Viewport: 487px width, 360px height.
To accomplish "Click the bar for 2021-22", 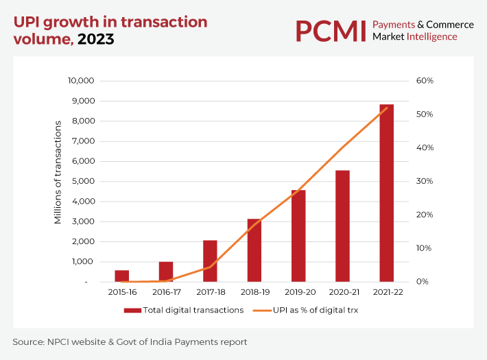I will pos(387,193).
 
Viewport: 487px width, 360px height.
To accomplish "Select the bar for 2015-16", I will pos(121,276).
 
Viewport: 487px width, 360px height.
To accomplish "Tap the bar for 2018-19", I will pos(254,250).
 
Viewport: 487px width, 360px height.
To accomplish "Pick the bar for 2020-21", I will pos(342,226).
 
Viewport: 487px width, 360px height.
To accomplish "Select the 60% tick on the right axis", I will pos(425,81).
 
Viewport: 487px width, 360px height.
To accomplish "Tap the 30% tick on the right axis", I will pos(425,182).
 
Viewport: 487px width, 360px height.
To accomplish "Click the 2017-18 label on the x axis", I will pos(210,292).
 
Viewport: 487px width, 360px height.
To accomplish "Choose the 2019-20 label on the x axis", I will pos(298,292).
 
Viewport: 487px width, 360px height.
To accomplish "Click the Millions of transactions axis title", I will pos(58,172).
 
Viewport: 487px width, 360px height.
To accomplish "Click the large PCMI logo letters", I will pos(330,31).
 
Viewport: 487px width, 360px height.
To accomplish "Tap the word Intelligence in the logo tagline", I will pos(431,36).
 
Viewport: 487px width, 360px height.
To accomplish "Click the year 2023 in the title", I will pos(96,39).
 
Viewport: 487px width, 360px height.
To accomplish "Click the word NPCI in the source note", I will pos(62,341).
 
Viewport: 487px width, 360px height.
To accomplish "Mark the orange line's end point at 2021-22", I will pos(387,108).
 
